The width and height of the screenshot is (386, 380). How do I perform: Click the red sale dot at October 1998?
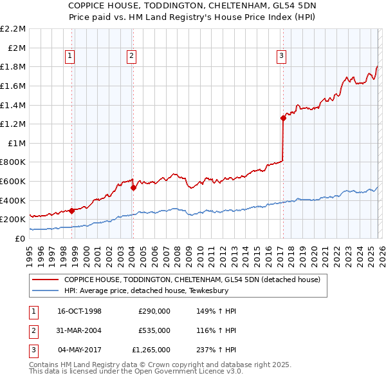72,211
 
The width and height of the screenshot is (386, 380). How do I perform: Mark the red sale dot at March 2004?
133,187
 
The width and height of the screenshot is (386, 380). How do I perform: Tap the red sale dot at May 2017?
283,118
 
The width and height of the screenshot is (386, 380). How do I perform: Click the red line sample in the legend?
46,280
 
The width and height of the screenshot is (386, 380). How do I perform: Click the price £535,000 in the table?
154,330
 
